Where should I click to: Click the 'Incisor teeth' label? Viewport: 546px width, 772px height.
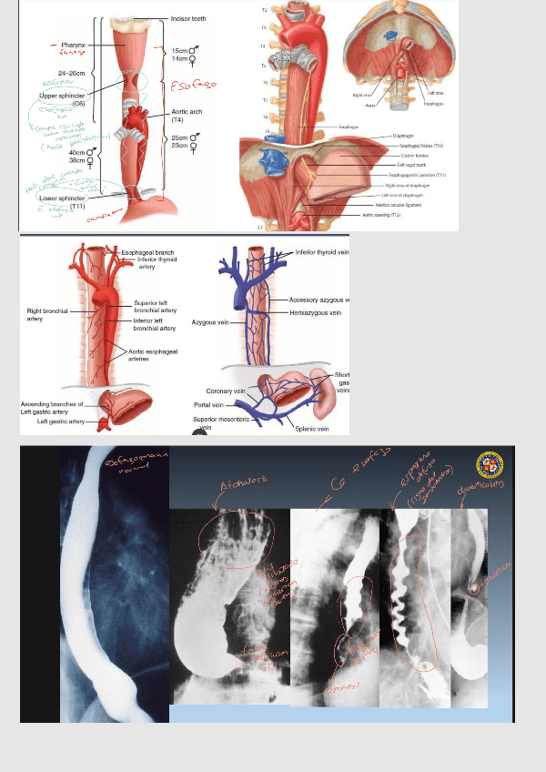click(x=189, y=18)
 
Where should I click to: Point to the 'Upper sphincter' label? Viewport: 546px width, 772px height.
click(x=62, y=95)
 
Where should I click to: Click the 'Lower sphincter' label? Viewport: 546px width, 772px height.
click(x=63, y=198)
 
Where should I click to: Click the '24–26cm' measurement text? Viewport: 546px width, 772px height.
click(x=72, y=72)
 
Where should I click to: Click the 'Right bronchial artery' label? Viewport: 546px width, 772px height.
click(x=47, y=315)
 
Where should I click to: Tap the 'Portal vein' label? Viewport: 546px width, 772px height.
click(x=207, y=404)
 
